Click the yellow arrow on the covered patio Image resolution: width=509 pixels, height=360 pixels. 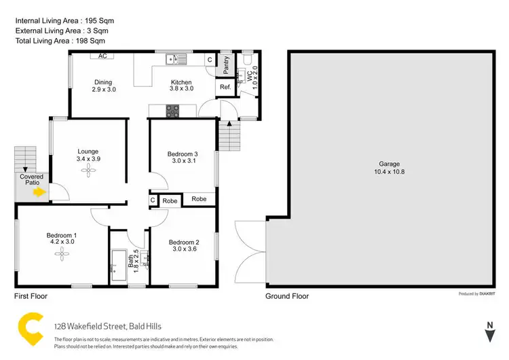click(40, 192)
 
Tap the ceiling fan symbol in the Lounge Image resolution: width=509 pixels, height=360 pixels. click(88, 171)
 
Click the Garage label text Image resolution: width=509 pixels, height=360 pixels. click(389, 164)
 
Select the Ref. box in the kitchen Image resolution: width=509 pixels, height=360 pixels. click(225, 87)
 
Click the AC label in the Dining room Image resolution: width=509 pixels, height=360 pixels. click(103, 56)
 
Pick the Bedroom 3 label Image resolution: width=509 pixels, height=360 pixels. click(182, 154)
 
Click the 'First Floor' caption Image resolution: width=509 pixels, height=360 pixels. click(31, 296)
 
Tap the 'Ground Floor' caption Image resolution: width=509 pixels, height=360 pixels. click(287, 296)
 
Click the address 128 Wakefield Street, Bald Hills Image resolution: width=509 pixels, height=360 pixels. click(107, 326)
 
